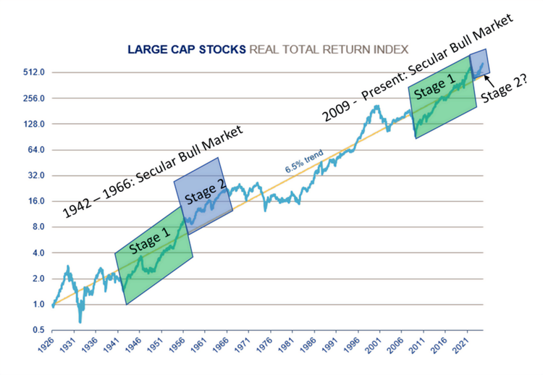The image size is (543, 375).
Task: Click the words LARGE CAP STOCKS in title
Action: (187, 50)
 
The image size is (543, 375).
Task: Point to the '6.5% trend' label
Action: (303, 162)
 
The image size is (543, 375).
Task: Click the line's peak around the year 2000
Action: (376, 107)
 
